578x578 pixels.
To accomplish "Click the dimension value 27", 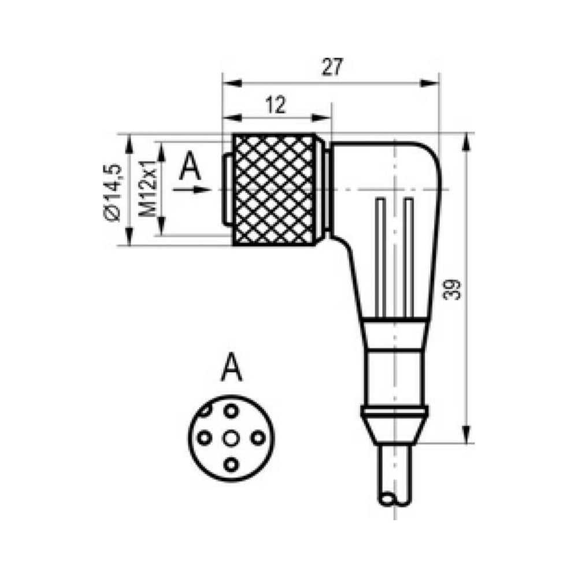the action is point(332,66).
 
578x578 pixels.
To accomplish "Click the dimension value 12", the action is point(275,105).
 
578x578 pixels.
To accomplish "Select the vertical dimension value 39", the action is point(453,290).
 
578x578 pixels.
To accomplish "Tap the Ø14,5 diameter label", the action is point(113,192).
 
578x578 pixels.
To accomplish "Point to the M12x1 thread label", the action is point(148,189).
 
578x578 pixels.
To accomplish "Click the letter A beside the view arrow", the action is point(190,166).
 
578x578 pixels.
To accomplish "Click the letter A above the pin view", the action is point(232,367).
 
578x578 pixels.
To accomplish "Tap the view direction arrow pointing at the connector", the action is point(192,190).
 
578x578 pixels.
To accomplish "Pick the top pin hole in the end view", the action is point(231,411).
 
